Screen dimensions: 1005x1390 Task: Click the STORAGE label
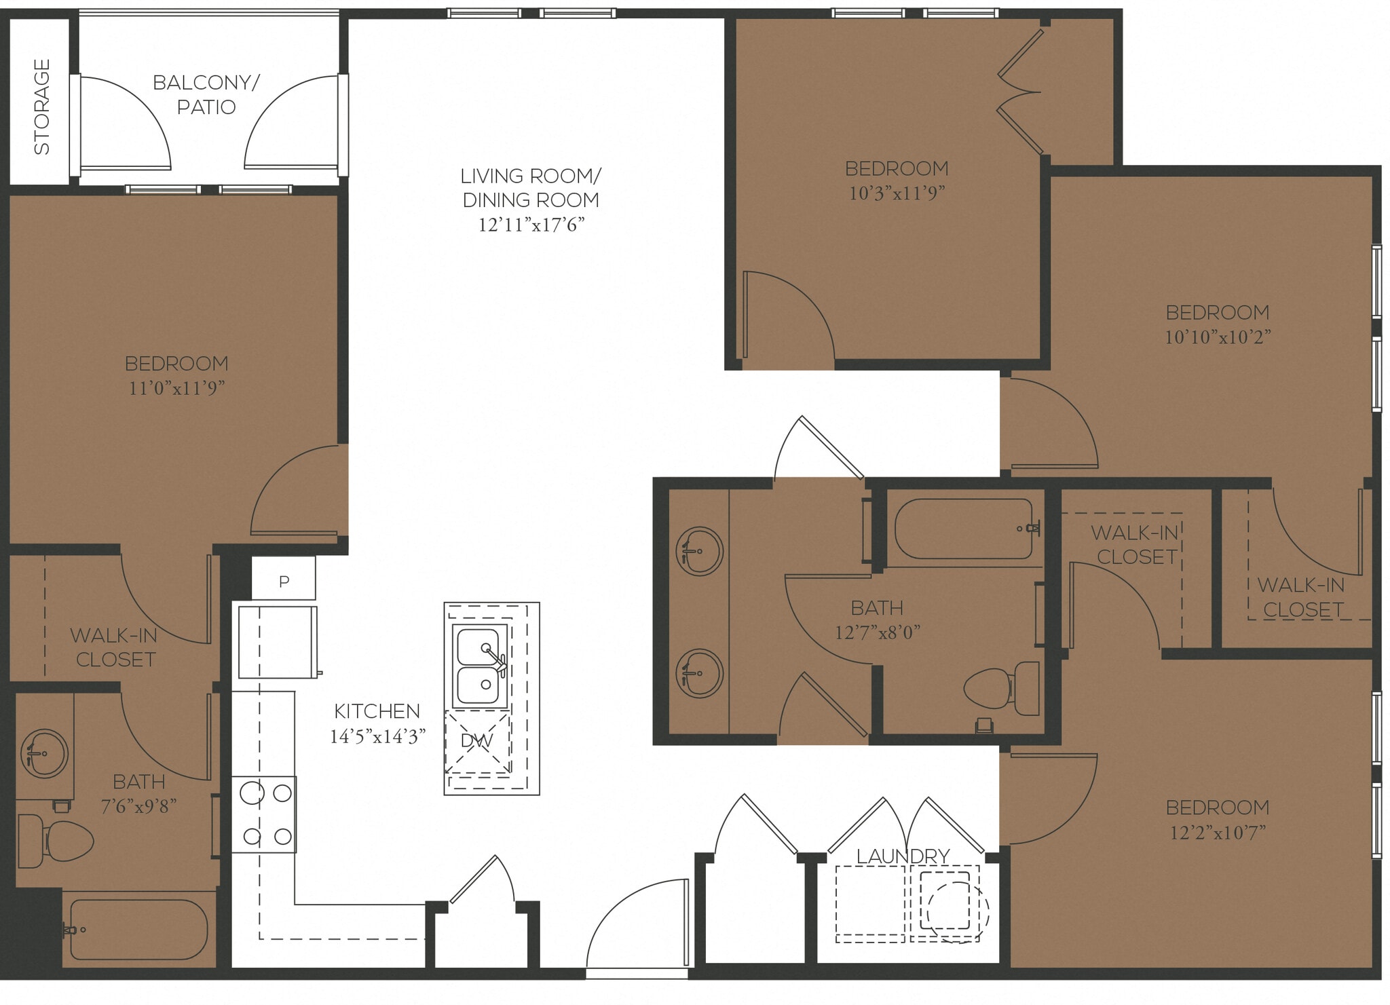pos(42,107)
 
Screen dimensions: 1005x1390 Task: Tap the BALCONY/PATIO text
pos(206,94)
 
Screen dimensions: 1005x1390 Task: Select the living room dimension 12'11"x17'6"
pos(531,225)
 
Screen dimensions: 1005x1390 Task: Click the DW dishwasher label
pos(476,740)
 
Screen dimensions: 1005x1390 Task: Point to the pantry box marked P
pos(284,580)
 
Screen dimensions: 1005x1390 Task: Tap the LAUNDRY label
pos(903,856)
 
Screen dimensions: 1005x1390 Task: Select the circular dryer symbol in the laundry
pos(957,911)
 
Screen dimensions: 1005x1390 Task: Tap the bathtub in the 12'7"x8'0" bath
pos(964,529)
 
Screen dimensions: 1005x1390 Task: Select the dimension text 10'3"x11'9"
pos(897,193)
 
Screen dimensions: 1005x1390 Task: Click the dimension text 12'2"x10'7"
pos(1217,832)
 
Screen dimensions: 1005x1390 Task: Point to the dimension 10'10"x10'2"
pos(1217,337)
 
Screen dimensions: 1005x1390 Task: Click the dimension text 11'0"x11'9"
pos(176,387)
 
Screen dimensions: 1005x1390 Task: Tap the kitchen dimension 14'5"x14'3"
pos(377,736)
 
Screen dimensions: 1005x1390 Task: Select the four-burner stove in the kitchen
pos(265,814)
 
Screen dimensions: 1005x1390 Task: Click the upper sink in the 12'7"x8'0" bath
pos(700,551)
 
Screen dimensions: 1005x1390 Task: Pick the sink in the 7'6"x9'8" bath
pos(45,753)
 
